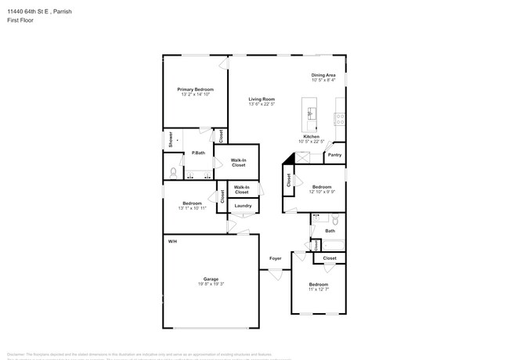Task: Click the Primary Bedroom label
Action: (x=195, y=90)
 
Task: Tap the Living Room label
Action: (x=262, y=99)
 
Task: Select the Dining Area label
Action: (x=323, y=75)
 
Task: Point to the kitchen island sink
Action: (x=311, y=113)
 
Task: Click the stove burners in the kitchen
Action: (x=341, y=119)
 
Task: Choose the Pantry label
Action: (x=334, y=155)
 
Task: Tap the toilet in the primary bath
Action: (x=173, y=172)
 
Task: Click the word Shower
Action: (x=171, y=140)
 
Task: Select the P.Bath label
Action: (x=198, y=153)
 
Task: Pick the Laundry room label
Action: (x=243, y=206)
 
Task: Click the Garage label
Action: (x=211, y=279)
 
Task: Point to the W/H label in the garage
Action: (x=172, y=241)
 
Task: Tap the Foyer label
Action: (x=275, y=258)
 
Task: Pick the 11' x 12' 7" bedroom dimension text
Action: (x=318, y=290)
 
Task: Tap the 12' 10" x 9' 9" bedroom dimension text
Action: (x=322, y=192)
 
